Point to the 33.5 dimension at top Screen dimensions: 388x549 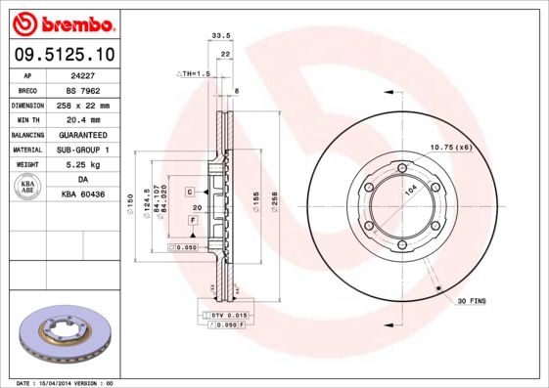[221, 35]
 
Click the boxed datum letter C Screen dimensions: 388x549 [190, 191]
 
